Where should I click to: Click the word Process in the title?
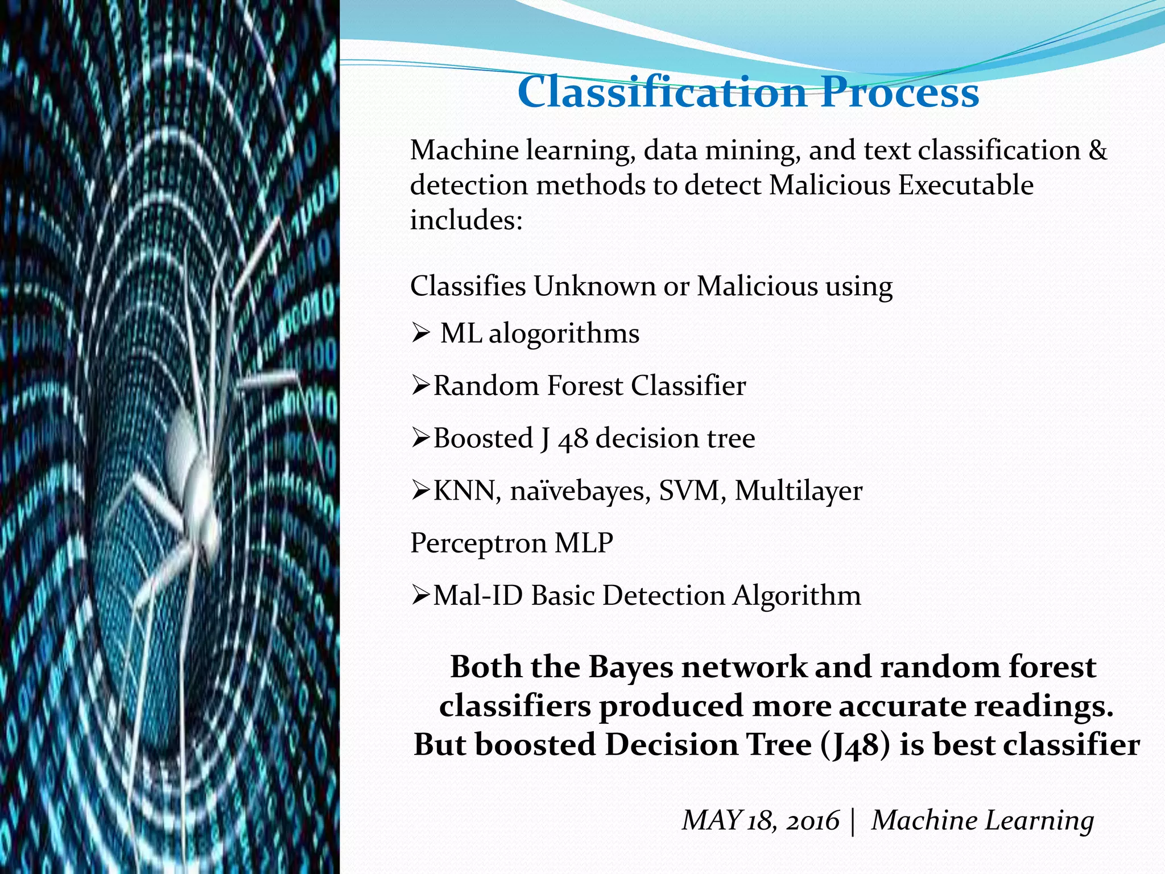(x=899, y=92)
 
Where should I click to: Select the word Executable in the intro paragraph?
(x=965, y=185)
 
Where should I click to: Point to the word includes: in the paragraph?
(x=466, y=220)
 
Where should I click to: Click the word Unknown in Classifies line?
(x=594, y=286)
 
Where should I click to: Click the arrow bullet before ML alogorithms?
(x=420, y=333)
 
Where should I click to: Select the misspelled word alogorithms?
(x=564, y=334)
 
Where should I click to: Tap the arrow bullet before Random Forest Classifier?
(x=420, y=386)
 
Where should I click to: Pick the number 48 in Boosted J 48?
(x=573, y=439)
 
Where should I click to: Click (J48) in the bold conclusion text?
(x=855, y=745)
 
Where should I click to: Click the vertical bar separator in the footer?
(x=853, y=821)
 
